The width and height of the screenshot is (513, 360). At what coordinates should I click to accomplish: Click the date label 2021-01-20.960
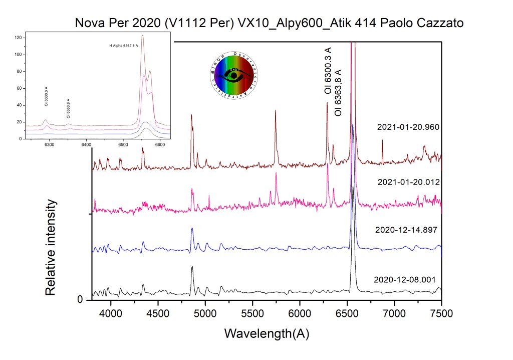click(408, 127)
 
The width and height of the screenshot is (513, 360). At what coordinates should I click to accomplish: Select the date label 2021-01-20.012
click(408, 182)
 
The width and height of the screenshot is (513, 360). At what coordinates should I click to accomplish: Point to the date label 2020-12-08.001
click(405, 280)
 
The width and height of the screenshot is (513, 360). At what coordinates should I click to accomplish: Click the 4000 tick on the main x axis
click(111, 314)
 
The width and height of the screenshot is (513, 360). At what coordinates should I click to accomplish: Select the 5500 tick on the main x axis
click(252, 314)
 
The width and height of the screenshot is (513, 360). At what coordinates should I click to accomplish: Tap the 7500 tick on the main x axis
click(441, 314)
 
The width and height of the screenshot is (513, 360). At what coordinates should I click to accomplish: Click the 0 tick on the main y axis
click(80, 300)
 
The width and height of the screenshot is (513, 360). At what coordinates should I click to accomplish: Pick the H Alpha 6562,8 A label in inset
click(124, 46)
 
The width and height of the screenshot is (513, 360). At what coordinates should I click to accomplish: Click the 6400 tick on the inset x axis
click(86, 144)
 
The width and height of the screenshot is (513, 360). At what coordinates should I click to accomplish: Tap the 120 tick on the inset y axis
click(18, 38)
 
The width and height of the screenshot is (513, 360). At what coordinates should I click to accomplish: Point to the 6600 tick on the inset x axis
click(160, 144)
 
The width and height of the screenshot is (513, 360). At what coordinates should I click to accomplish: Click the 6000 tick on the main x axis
click(300, 314)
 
